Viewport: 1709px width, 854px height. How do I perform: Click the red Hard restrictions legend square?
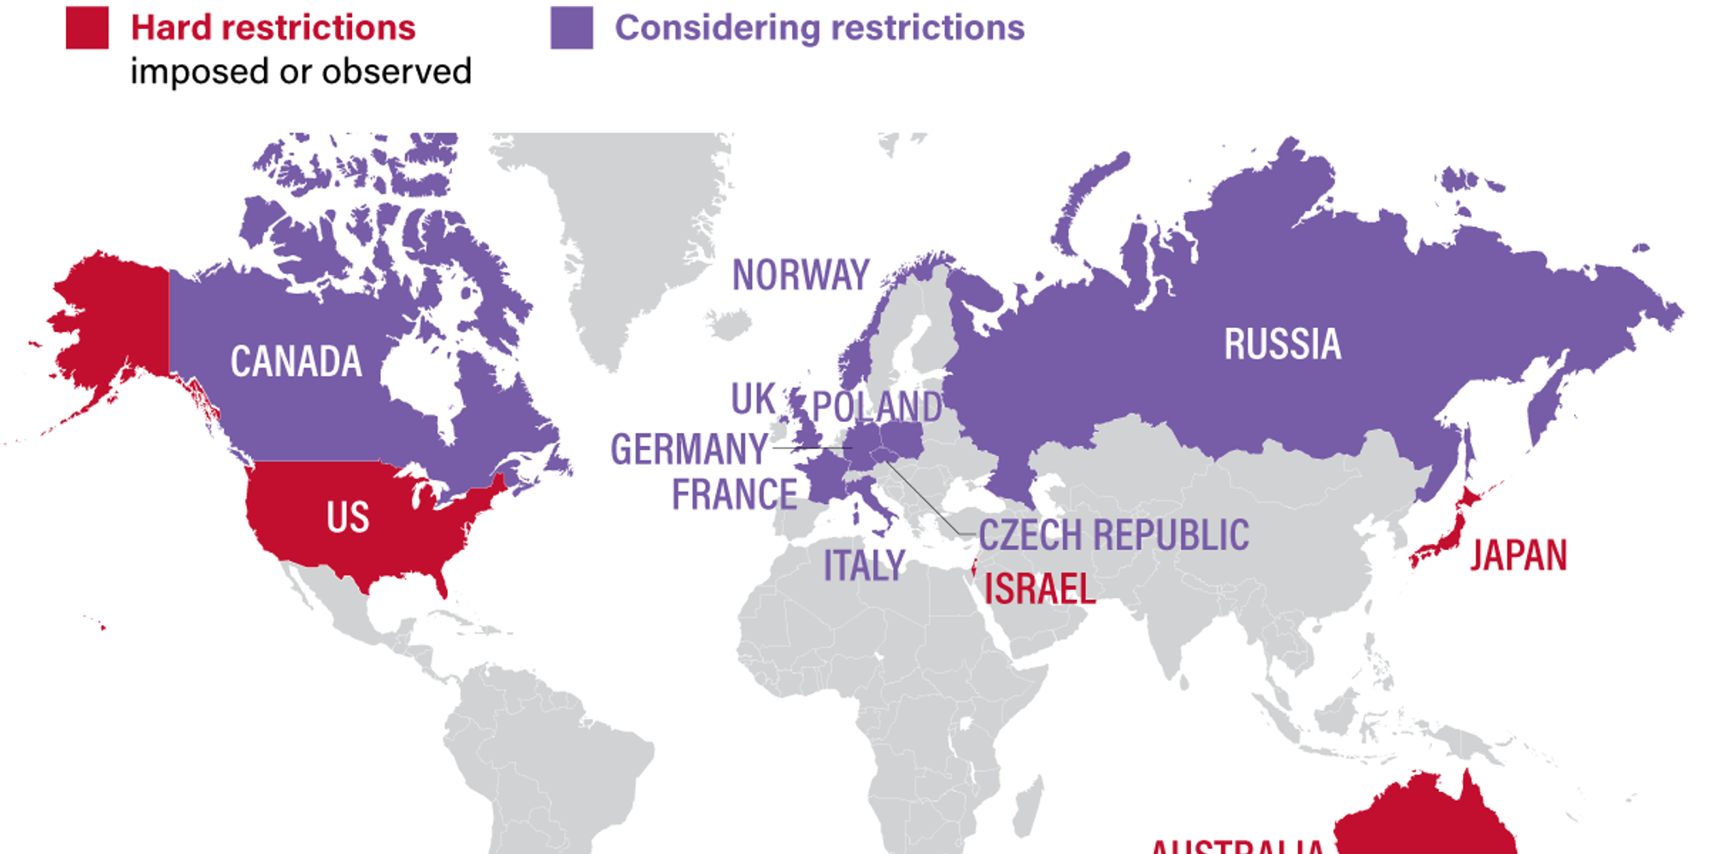[x=87, y=27]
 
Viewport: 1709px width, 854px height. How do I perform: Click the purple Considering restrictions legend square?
[x=572, y=27]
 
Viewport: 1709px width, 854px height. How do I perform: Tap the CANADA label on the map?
[x=296, y=361]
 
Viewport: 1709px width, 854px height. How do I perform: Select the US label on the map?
[x=348, y=517]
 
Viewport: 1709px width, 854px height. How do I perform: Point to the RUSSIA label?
[x=1282, y=344]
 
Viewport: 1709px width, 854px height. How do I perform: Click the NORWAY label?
[x=801, y=275]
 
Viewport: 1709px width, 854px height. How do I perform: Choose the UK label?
[x=753, y=399]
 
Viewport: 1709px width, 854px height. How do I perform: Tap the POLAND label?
[x=877, y=407]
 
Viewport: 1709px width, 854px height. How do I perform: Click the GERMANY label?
[x=690, y=449]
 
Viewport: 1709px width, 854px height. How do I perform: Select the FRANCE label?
[x=734, y=494]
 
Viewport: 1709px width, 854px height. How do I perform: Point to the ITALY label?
[x=864, y=565]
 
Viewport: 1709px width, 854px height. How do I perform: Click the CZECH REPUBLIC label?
[x=1113, y=535]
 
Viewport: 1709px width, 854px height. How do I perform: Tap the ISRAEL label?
[x=1039, y=588]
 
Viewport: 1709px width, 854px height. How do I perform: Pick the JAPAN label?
[x=1518, y=555]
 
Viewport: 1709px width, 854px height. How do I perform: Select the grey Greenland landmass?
[x=632, y=222]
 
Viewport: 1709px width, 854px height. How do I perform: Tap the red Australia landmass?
[x=1427, y=820]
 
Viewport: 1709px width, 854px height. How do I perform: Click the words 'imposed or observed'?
[x=301, y=72]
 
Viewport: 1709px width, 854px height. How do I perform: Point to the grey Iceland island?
[x=729, y=325]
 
